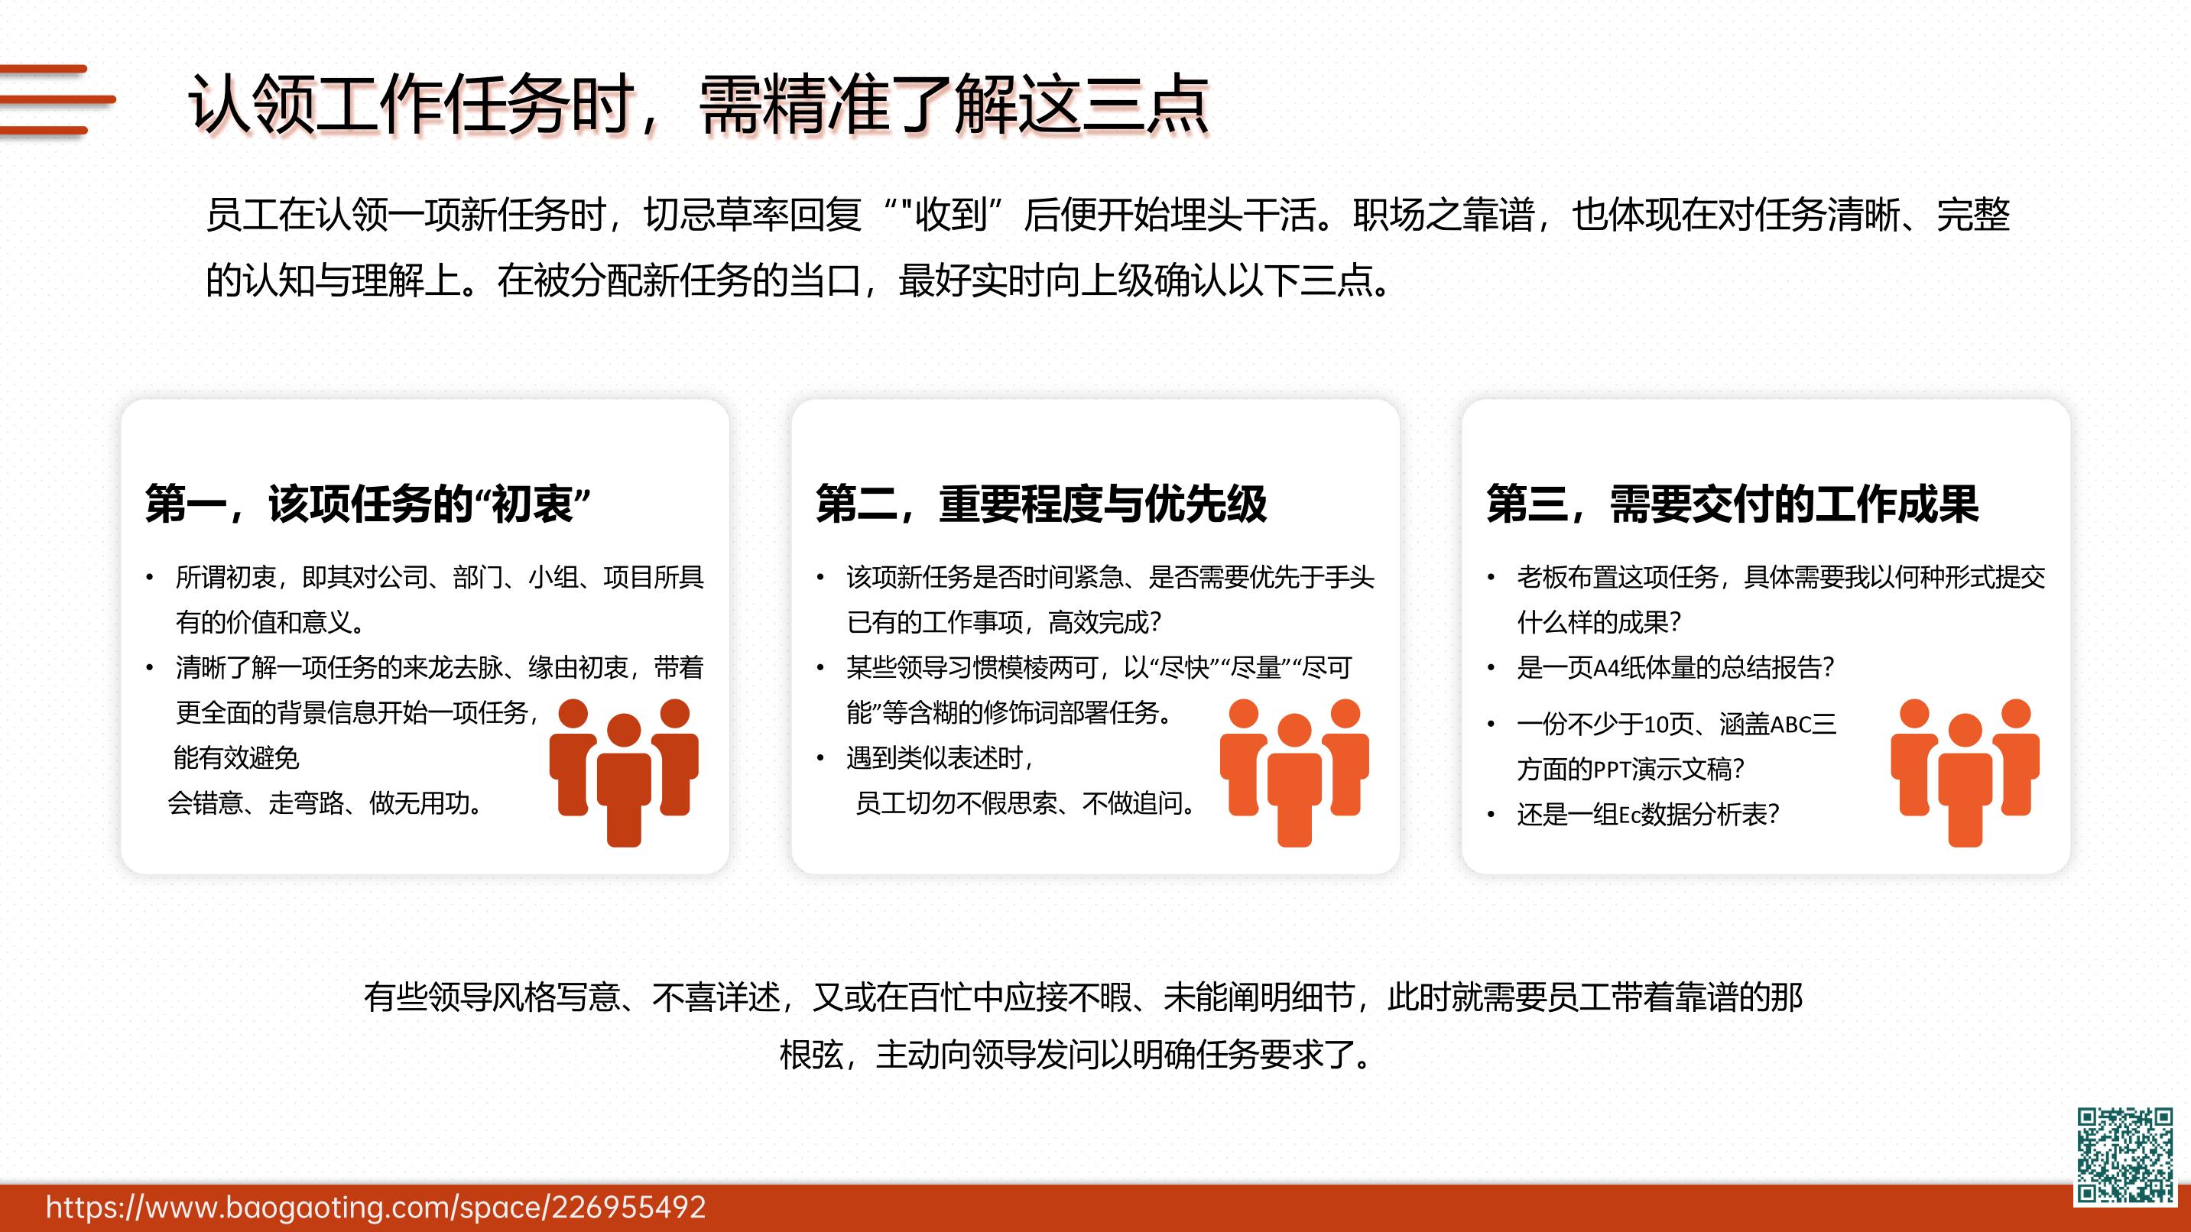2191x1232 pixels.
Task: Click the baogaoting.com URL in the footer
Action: (x=376, y=1208)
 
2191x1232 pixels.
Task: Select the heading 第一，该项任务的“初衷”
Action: (x=368, y=504)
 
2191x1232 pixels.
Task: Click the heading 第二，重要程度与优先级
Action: (x=1041, y=504)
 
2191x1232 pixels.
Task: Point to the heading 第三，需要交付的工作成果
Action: (x=1732, y=504)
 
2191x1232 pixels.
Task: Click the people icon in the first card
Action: (x=624, y=771)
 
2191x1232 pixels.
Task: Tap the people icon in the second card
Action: (x=1294, y=771)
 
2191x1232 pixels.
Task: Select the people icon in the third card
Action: (x=1965, y=771)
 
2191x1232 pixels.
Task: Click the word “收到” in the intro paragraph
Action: (x=951, y=215)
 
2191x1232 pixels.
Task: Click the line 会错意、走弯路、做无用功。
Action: (x=326, y=802)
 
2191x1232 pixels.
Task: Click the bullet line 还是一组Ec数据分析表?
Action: (x=1647, y=815)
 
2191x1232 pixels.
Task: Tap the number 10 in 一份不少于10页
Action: (x=1655, y=725)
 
